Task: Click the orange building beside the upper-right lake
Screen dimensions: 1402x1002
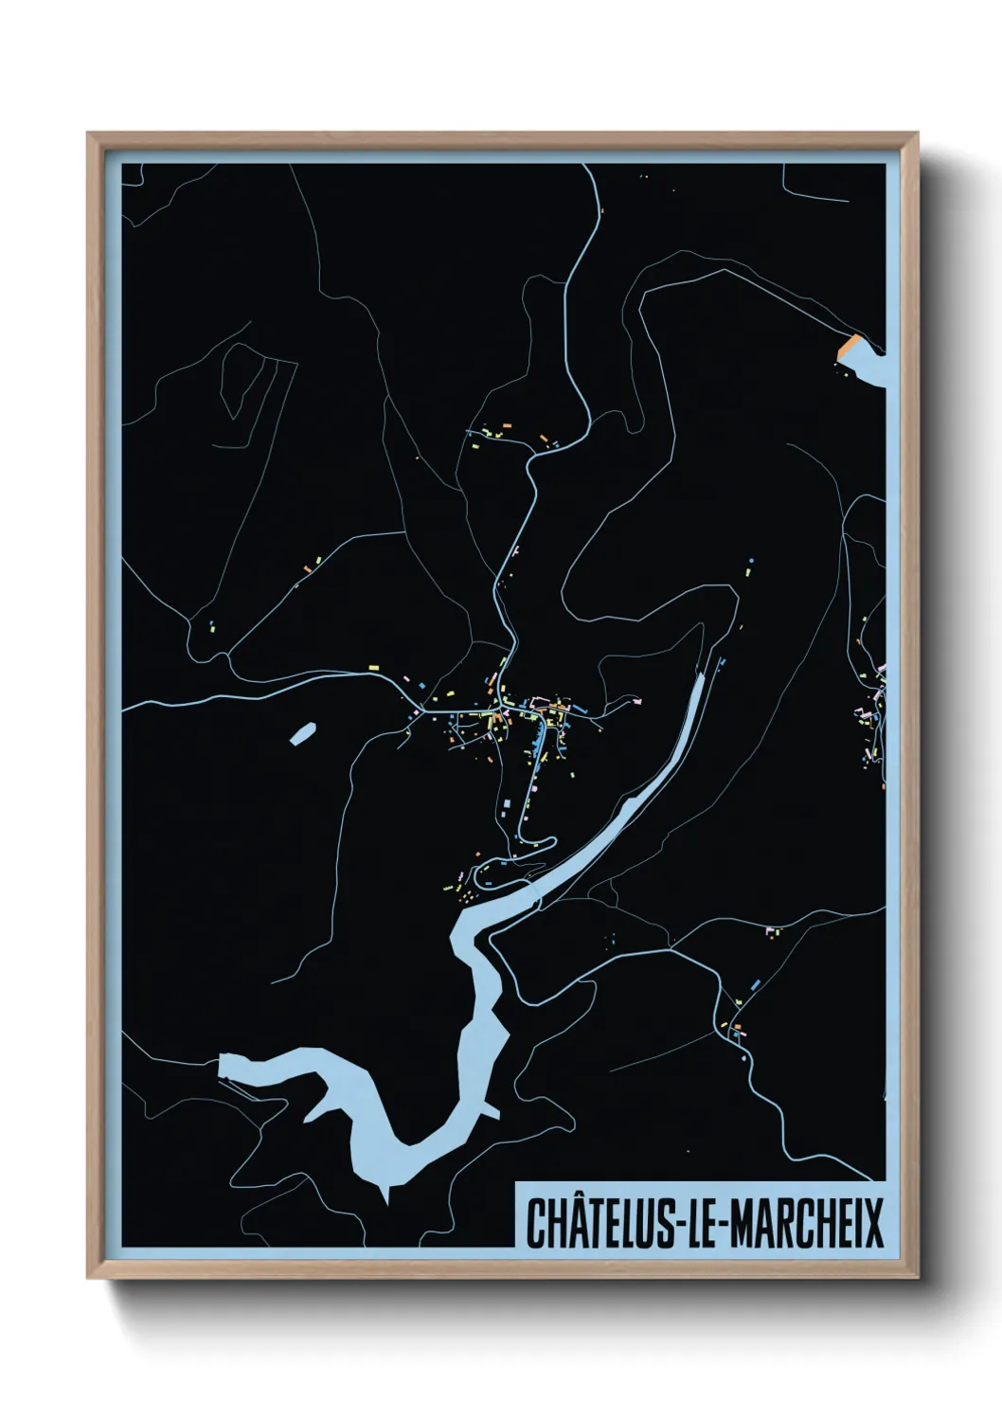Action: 849,346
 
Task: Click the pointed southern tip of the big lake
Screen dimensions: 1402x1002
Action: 385,1198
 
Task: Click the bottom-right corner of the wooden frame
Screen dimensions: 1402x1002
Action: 918,1279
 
